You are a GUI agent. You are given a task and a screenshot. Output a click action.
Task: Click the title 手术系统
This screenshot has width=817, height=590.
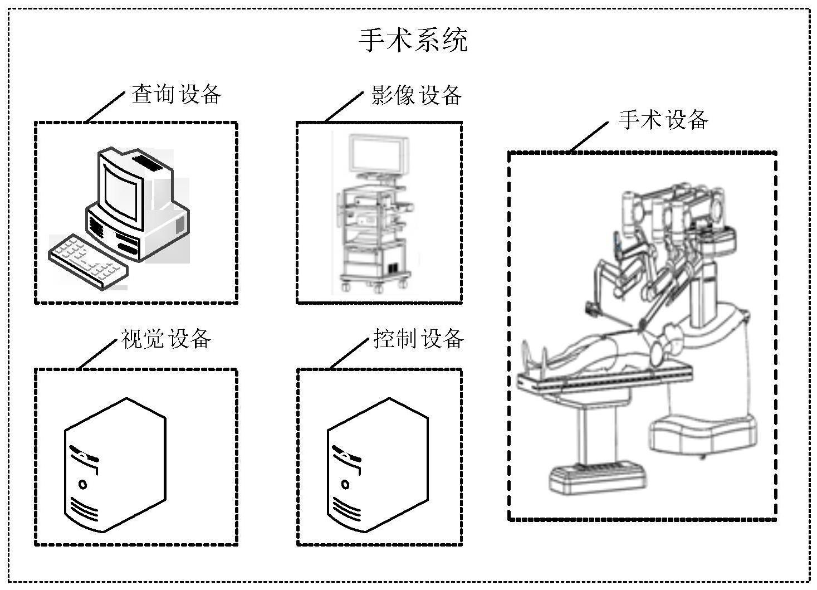[413, 40]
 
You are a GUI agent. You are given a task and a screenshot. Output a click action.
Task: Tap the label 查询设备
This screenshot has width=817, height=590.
[177, 94]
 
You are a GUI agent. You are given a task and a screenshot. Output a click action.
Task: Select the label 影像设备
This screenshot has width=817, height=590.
[417, 95]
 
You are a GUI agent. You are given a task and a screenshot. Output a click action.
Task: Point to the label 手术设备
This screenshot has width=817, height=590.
[663, 120]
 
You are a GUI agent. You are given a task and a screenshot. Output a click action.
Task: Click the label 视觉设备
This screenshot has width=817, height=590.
[166, 338]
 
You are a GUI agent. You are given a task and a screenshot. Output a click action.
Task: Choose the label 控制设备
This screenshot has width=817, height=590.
[419, 338]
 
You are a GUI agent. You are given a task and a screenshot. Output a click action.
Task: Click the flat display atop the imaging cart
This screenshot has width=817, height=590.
[377, 153]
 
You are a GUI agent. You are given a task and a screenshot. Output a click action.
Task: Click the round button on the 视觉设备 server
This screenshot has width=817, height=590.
[82, 484]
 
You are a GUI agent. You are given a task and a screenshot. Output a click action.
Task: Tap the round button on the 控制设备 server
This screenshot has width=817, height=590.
[345, 484]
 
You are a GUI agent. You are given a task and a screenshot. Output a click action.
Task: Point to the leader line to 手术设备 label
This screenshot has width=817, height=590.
[588, 136]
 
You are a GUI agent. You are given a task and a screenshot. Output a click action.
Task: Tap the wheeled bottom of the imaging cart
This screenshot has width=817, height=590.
[376, 281]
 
